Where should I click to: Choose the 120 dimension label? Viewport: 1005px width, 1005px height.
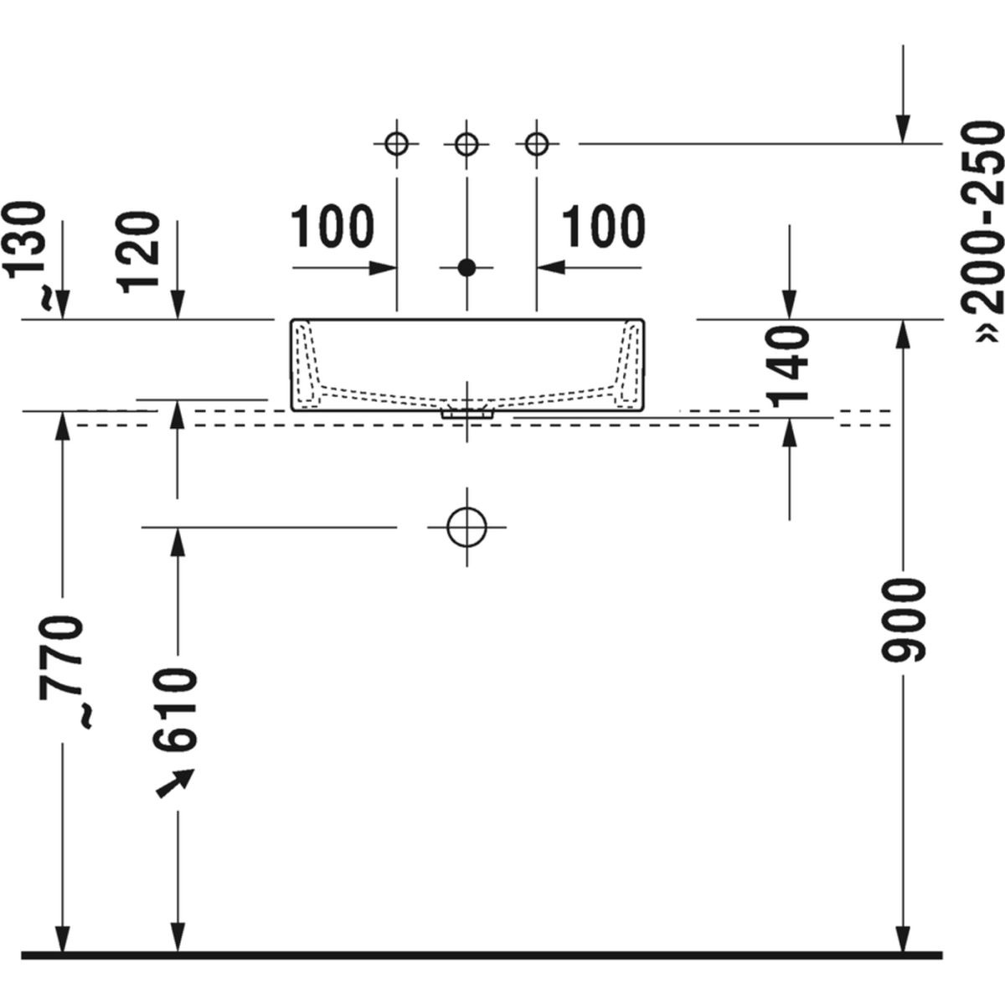pyautogui.click(x=139, y=251)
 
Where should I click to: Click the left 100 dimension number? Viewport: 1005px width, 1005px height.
pyautogui.click(x=332, y=226)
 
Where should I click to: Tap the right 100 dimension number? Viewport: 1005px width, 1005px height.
pyautogui.click(x=603, y=226)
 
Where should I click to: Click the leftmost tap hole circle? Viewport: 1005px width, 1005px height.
pyautogui.click(x=396, y=143)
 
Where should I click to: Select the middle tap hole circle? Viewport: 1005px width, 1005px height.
pyautogui.click(x=467, y=143)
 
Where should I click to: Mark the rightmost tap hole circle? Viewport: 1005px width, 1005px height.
pyautogui.click(x=537, y=143)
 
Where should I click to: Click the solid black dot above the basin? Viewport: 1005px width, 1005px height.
pyautogui.click(x=467, y=268)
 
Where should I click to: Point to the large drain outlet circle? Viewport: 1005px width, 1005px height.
pyautogui.click(x=467, y=527)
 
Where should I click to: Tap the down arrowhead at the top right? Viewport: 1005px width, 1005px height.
pyautogui.click(x=903, y=130)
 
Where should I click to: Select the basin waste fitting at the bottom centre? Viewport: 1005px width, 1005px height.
pyautogui.click(x=467, y=412)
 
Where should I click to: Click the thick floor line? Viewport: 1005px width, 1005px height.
pyautogui.click(x=482, y=955)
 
